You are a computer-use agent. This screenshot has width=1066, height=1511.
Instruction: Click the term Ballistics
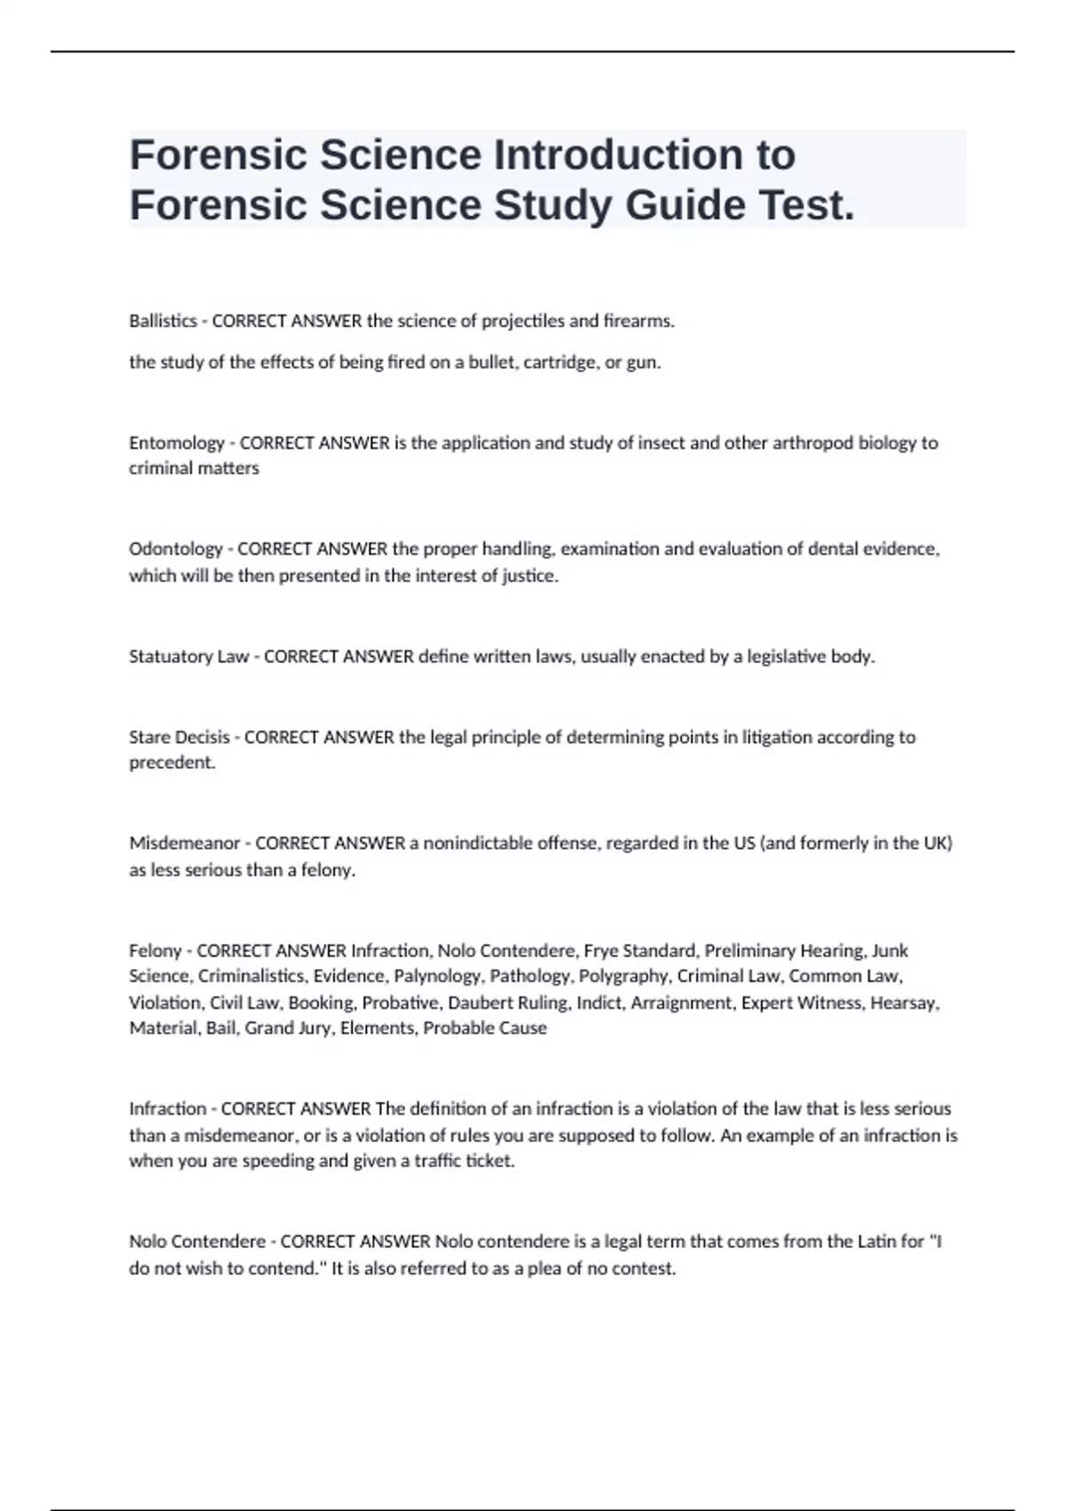pos(163,321)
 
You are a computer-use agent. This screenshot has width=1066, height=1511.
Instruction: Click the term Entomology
pos(176,443)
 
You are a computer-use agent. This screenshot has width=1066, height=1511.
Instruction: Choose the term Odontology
pos(175,549)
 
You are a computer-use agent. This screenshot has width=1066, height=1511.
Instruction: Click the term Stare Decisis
pos(179,737)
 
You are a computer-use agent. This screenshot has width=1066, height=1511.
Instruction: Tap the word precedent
pos(171,763)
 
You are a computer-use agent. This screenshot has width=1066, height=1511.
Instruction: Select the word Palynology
pos(438,976)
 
